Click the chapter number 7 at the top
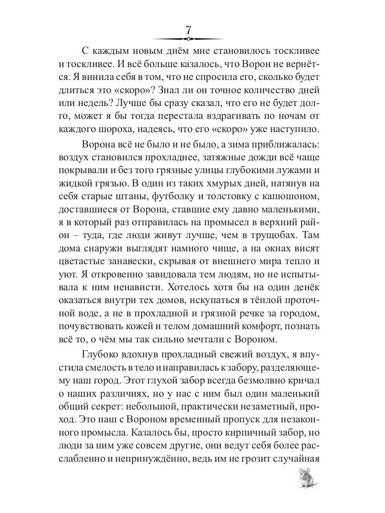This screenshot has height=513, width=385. pos(188,31)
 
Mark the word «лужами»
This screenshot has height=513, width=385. pos(296,173)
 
